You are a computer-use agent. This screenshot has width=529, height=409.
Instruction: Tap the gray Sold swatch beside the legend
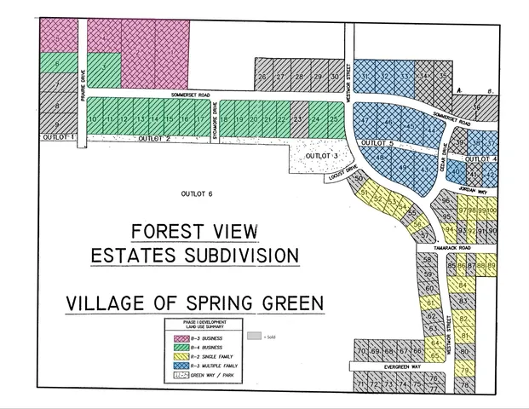[x=253, y=337]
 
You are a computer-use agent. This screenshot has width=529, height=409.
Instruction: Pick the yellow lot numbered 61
[x=431, y=302]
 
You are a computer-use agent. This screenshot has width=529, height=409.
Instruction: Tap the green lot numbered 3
[x=103, y=66]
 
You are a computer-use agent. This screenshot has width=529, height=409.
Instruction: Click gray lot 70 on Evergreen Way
[x=361, y=351]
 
